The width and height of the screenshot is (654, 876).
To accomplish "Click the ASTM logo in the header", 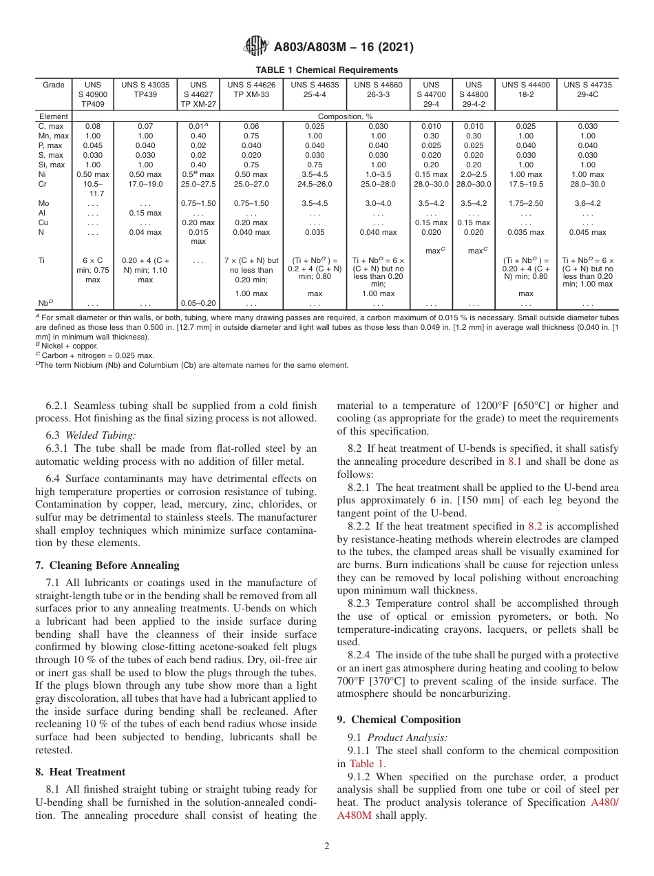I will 256,47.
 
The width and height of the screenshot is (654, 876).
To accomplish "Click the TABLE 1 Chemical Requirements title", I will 326,70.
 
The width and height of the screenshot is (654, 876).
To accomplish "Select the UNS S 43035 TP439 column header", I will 145,90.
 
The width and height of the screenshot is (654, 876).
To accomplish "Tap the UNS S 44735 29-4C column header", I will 587,90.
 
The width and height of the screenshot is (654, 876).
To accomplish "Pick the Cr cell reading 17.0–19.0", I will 145,185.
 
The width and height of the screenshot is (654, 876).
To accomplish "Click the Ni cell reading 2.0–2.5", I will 473,175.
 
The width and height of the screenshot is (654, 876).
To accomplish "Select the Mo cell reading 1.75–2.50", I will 526,204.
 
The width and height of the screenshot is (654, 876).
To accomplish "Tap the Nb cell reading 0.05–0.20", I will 198,303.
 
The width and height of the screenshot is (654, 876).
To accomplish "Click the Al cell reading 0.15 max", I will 145,213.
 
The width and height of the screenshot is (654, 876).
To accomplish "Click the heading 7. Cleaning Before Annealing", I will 107,565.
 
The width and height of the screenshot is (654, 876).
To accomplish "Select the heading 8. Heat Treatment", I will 81,772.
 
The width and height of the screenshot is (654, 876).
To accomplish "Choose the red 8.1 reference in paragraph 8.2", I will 515,461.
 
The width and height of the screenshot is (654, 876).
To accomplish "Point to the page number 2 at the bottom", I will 327,846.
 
